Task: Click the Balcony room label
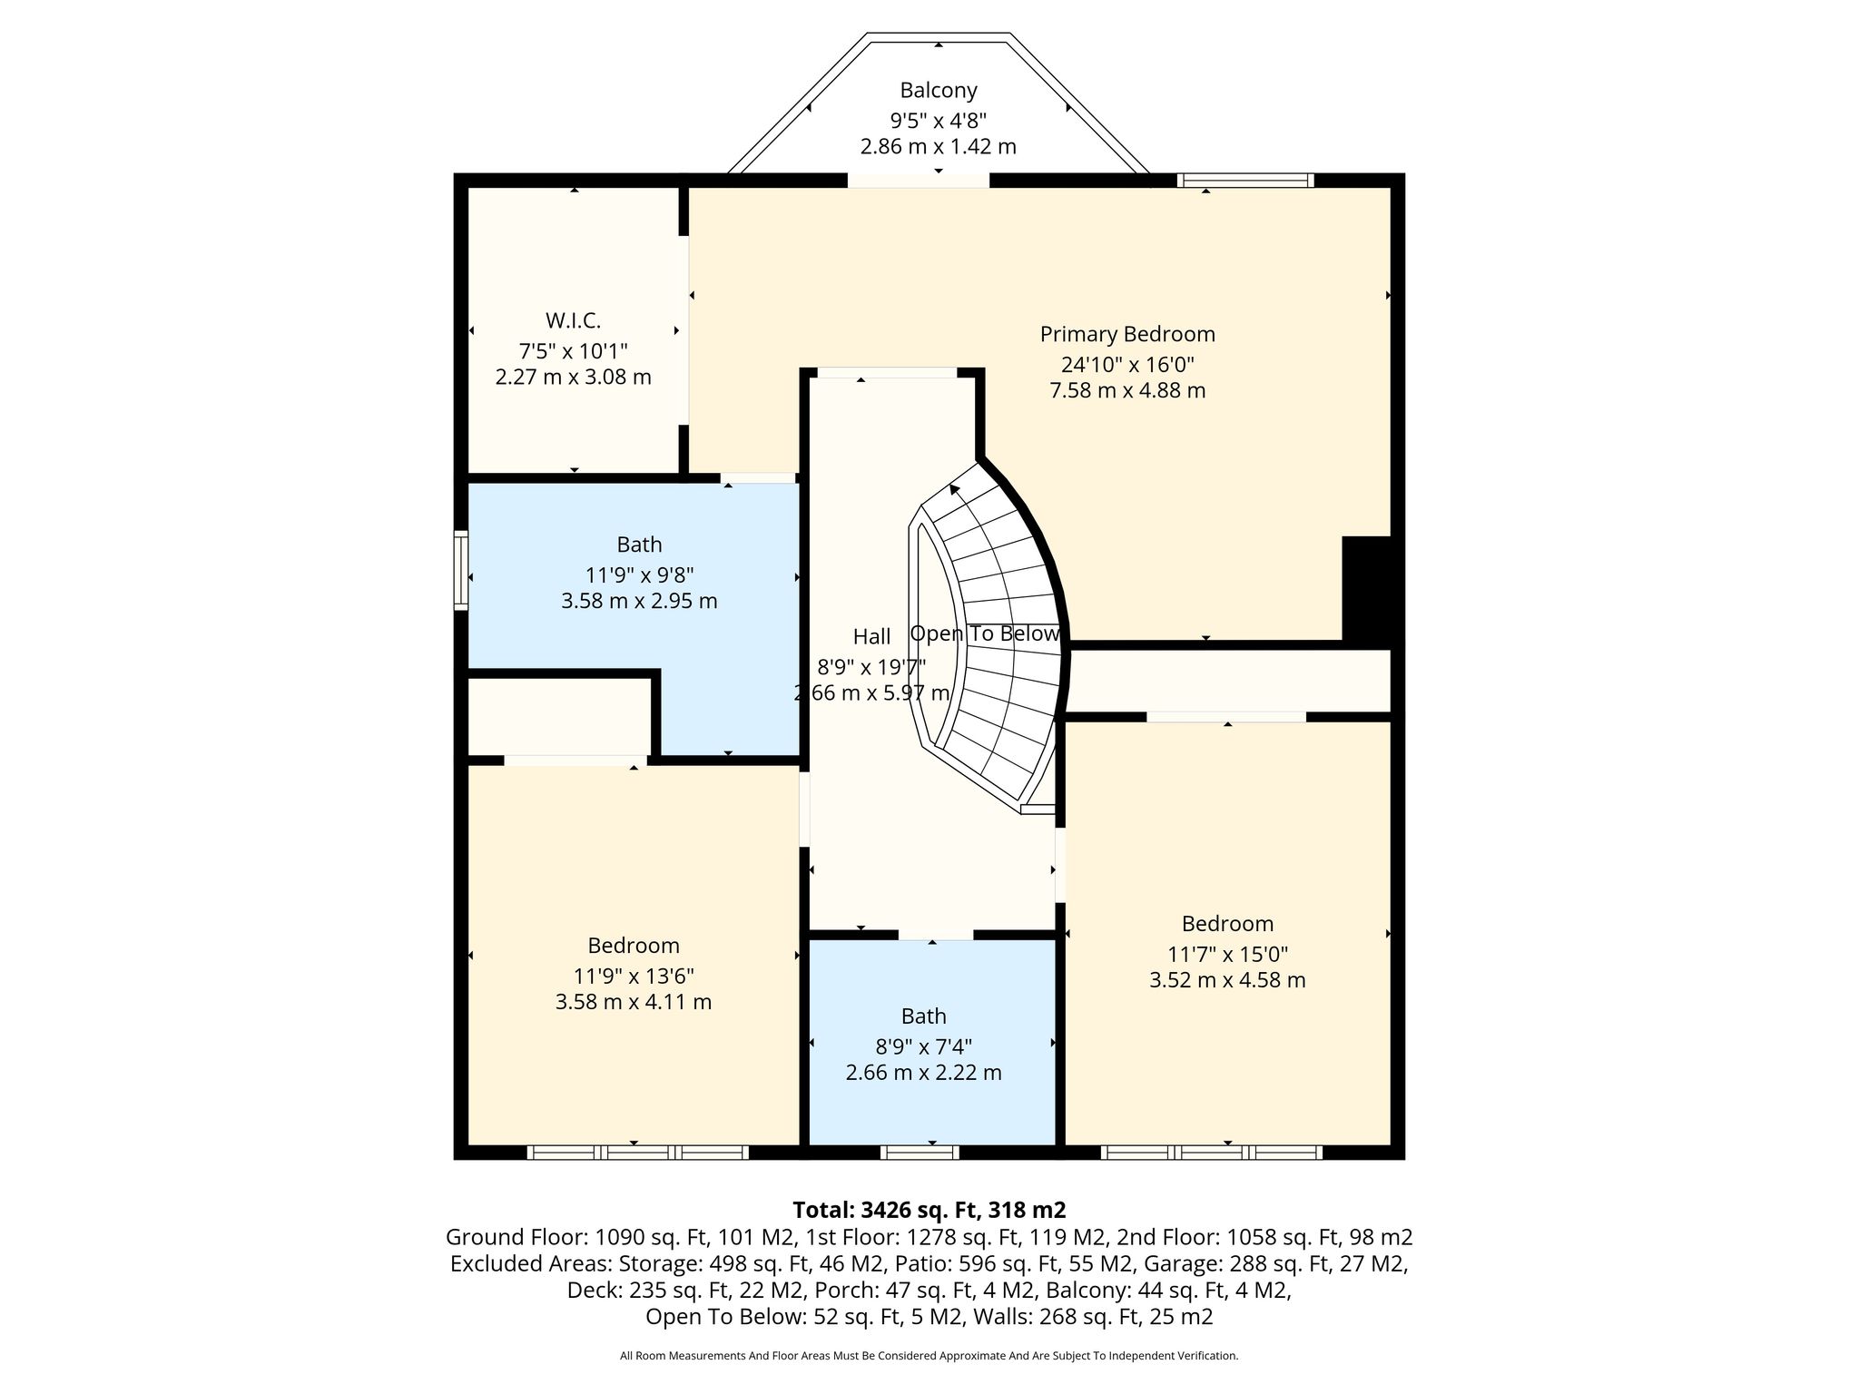pyautogui.click(x=939, y=90)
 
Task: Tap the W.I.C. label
pyautogui.click(x=573, y=320)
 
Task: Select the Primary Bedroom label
pyautogui.click(x=1127, y=334)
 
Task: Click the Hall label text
pyautogui.click(x=871, y=635)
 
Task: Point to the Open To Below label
pyautogui.click(x=985, y=633)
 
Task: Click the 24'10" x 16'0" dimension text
pyautogui.click(x=1127, y=364)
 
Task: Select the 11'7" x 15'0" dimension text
pyautogui.click(x=1227, y=954)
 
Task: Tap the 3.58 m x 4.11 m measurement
pyautogui.click(x=634, y=1002)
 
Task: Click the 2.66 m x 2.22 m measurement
pyautogui.click(x=924, y=1073)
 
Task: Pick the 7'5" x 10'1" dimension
pyautogui.click(x=573, y=350)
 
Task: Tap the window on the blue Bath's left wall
pyautogui.click(x=461, y=570)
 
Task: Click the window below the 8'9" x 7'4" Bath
pyautogui.click(x=920, y=1153)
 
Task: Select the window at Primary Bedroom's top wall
pyautogui.click(x=1245, y=180)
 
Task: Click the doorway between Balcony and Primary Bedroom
pyautogui.click(x=919, y=181)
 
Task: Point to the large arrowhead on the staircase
pyautogui.click(x=954, y=490)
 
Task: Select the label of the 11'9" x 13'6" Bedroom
pyautogui.click(x=634, y=946)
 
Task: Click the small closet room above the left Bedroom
pyautogui.click(x=558, y=717)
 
